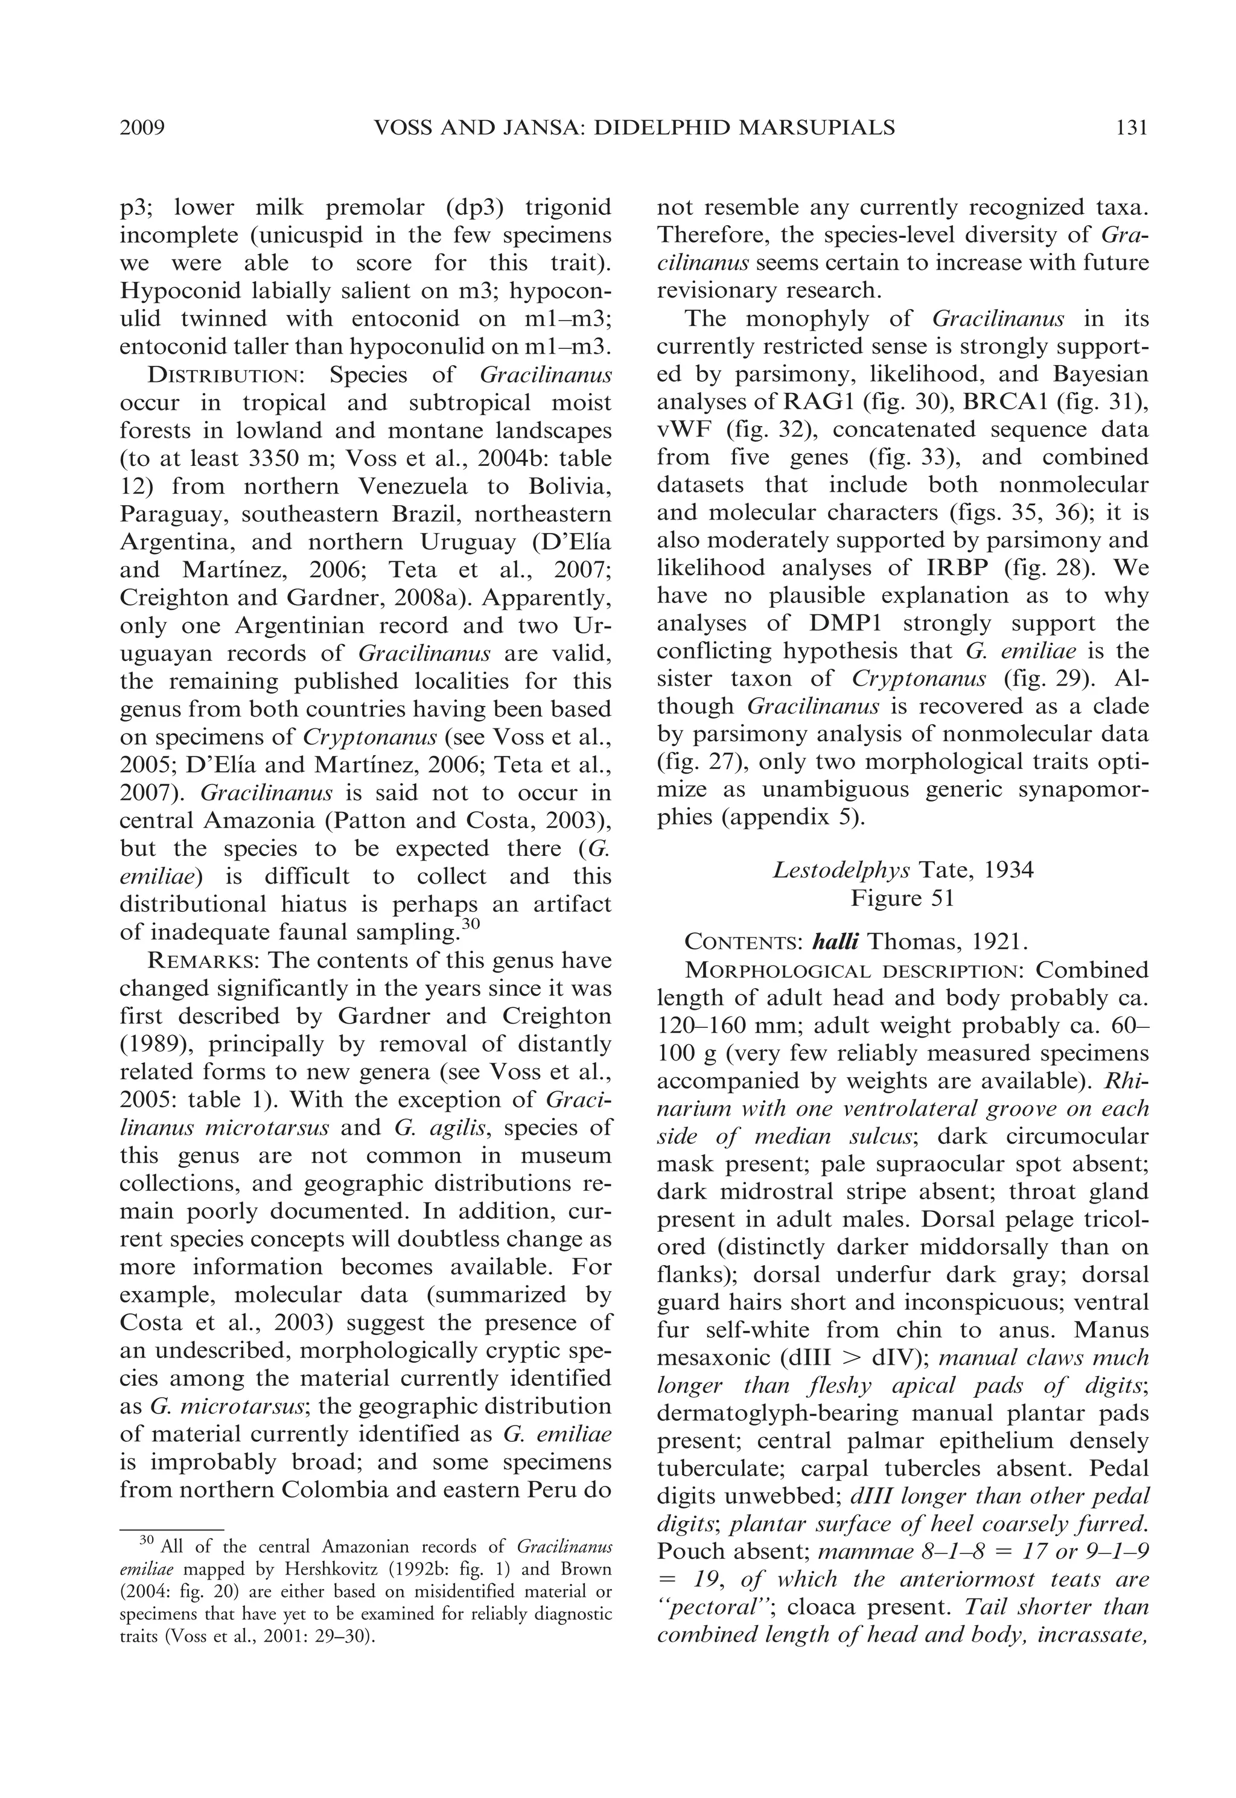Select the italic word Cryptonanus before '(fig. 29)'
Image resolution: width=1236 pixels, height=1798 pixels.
pos(919,679)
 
